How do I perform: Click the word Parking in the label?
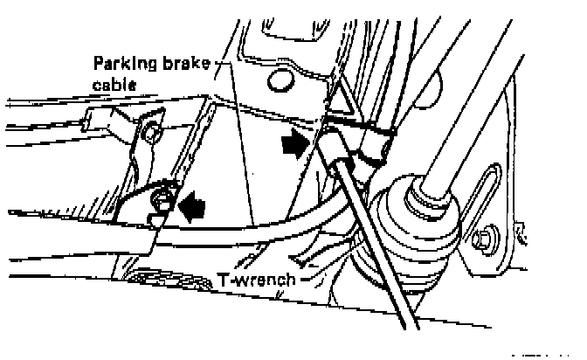[121, 65]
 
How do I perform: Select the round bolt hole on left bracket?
[154, 134]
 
